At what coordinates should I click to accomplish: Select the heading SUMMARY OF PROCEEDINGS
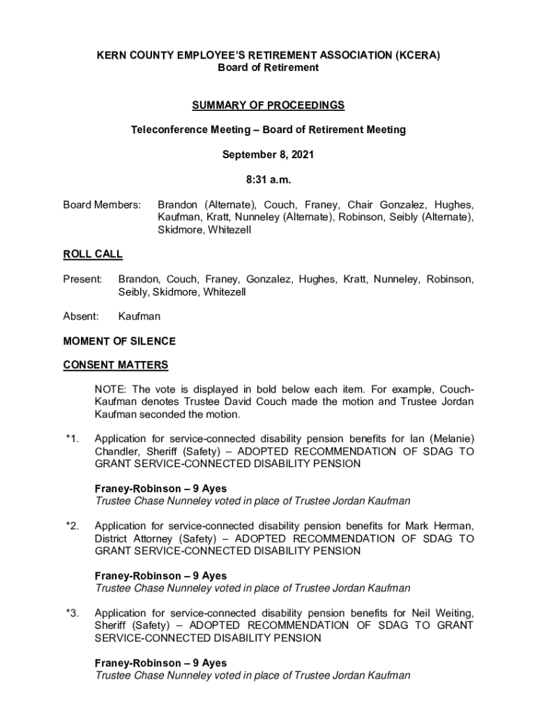coord(268,105)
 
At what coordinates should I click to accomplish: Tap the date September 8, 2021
coord(268,155)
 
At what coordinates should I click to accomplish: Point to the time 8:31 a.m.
coord(268,180)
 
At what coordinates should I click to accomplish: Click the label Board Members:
coord(102,205)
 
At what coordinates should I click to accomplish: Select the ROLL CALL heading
coord(93,255)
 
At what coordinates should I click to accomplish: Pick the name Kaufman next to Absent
coord(139,317)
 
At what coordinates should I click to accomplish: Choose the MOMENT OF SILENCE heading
coord(119,342)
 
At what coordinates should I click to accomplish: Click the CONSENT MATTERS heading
coord(116,365)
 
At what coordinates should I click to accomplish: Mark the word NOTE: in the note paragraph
coord(111,389)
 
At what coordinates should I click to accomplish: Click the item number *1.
coord(73,439)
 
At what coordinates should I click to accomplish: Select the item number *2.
coord(73,526)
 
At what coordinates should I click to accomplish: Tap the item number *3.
coord(73,613)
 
